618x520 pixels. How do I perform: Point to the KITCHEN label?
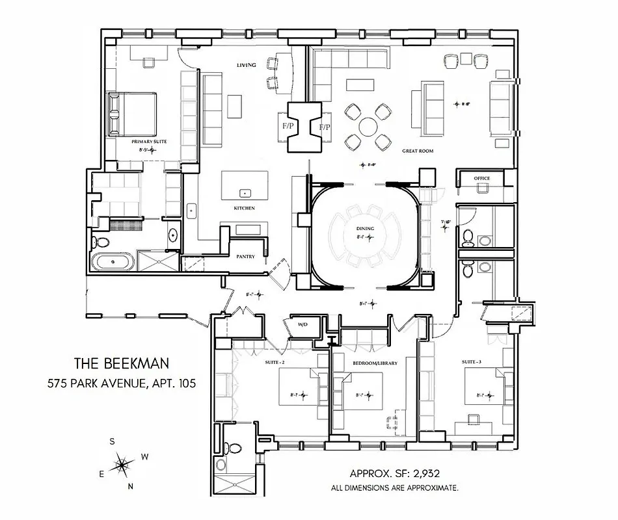[244, 208]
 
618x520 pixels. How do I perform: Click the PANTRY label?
[245, 256]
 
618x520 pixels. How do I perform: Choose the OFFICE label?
[482, 178]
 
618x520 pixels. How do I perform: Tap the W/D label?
[302, 324]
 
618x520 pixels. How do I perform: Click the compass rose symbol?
[122, 464]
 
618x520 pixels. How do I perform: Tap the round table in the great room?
[368, 125]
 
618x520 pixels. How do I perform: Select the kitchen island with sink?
[245, 185]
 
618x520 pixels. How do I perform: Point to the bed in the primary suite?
[133, 114]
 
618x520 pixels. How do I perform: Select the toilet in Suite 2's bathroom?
[231, 448]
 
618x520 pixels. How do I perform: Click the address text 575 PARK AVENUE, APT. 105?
[122, 383]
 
